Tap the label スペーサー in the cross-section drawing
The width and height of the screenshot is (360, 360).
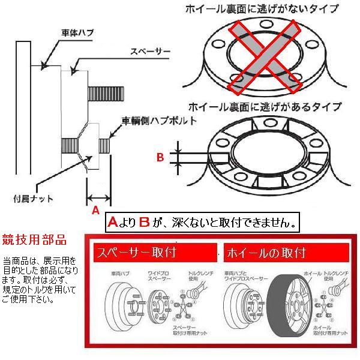pos(150,52)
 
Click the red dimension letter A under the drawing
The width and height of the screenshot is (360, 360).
pos(95,211)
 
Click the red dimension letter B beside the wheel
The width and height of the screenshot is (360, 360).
pos(160,158)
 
